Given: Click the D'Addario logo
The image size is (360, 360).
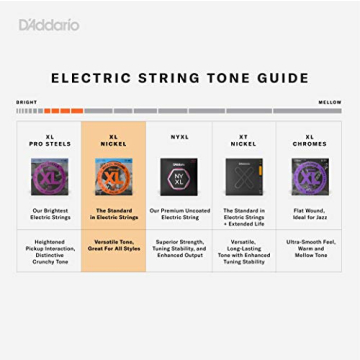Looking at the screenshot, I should [x=48, y=24].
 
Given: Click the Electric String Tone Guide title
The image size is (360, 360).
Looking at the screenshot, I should [x=180, y=78].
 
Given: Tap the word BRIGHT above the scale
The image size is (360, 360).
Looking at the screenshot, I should [x=26, y=102].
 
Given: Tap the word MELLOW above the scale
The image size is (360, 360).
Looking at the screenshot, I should [x=330, y=102].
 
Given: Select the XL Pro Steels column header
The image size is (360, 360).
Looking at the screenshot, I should [x=49, y=141].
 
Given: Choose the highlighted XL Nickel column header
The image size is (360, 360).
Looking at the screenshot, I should [x=114, y=141].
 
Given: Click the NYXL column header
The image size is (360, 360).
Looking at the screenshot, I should [x=179, y=137].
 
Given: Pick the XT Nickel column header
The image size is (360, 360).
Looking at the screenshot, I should [x=244, y=141].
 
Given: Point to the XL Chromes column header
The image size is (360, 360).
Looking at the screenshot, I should [x=309, y=141].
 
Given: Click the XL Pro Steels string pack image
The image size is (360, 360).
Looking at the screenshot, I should [x=49, y=177].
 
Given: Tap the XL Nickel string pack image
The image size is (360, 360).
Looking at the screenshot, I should [x=114, y=177].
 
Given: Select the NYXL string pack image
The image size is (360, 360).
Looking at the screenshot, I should [x=179, y=177].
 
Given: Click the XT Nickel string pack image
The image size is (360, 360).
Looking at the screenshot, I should [x=244, y=177].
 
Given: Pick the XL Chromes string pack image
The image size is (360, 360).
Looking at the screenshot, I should [x=309, y=177].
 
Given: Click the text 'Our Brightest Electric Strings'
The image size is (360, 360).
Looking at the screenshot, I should [x=49, y=214].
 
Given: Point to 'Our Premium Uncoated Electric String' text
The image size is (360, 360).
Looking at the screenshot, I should [x=179, y=214].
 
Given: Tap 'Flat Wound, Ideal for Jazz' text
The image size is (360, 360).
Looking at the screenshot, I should [x=309, y=214].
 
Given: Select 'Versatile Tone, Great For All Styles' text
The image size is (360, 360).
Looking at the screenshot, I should [x=114, y=246].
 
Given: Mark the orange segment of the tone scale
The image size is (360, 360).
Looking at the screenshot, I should [x=63, y=111].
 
